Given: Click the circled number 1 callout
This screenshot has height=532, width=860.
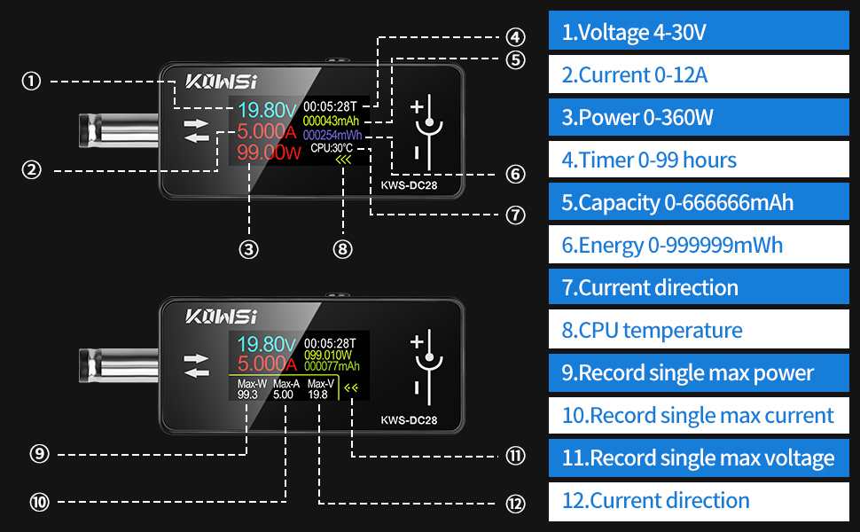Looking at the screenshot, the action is pyautogui.click(x=31, y=82).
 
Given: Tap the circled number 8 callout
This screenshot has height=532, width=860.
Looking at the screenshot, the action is pyautogui.click(x=343, y=249).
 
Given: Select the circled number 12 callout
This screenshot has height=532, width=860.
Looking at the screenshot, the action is pyautogui.click(x=516, y=504).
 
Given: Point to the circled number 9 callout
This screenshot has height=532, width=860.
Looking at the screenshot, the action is pyautogui.click(x=40, y=454).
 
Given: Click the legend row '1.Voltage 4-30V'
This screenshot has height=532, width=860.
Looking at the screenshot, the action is pyautogui.click(x=699, y=31).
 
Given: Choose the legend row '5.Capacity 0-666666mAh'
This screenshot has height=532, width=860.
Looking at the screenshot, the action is pyautogui.click(x=699, y=202).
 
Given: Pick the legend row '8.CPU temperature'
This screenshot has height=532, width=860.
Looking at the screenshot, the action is pyautogui.click(x=699, y=330).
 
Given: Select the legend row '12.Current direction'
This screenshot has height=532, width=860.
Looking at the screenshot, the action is pyautogui.click(x=699, y=500).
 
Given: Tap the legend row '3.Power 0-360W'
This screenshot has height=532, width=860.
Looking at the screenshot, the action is pyautogui.click(x=699, y=117).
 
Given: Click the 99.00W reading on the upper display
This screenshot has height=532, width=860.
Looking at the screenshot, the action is pyautogui.click(x=269, y=153).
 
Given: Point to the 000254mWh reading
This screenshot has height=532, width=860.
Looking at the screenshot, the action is pyautogui.click(x=332, y=135).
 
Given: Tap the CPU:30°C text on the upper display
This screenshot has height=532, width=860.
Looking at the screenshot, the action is pyautogui.click(x=332, y=148).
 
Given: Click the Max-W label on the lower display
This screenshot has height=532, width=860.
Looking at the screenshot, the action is pyautogui.click(x=253, y=384).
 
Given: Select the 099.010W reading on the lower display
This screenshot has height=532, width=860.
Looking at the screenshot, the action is pyautogui.click(x=328, y=356).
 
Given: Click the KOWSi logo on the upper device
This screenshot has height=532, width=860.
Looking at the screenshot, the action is pyautogui.click(x=221, y=82).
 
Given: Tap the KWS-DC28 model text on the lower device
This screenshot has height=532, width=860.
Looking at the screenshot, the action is pyautogui.click(x=409, y=420).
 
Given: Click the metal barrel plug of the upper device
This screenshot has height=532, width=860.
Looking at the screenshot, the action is pyautogui.click(x=119, y=130).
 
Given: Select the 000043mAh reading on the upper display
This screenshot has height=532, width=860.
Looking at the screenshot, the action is pyautogui.click(x=331, y=121).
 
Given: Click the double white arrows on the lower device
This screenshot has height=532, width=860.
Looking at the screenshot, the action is pyautogui.click(x=196, y=366).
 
